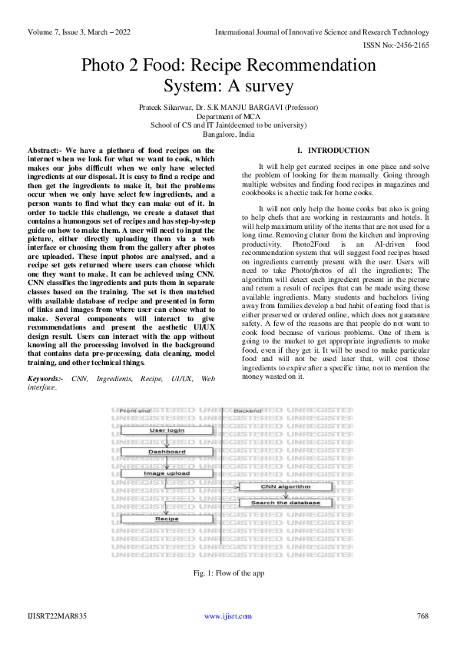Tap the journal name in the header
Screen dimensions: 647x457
322,32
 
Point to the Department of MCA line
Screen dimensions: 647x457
228,116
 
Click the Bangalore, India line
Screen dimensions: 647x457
228,134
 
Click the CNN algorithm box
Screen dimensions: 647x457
286,486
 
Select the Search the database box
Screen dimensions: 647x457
286,503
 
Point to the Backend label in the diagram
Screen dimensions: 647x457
247,411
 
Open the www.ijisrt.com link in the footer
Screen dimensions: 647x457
228,616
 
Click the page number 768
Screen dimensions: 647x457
422,616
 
